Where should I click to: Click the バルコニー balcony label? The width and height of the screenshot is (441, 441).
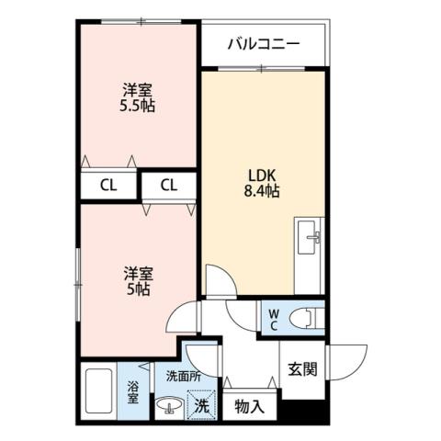point(263,43)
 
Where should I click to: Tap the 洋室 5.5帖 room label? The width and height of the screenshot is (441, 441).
point(139,98)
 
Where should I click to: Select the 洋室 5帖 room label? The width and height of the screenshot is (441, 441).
point(139,280)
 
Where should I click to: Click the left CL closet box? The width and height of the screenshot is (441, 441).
point(108,185)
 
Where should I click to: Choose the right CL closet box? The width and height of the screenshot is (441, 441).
point(168,185)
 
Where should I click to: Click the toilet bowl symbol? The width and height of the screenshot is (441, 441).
point(302,318)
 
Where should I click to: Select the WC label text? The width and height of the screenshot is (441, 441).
point(274,318)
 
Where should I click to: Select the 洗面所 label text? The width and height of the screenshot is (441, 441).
point(183,376)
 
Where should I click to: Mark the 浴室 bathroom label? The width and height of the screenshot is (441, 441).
point(132,392)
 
